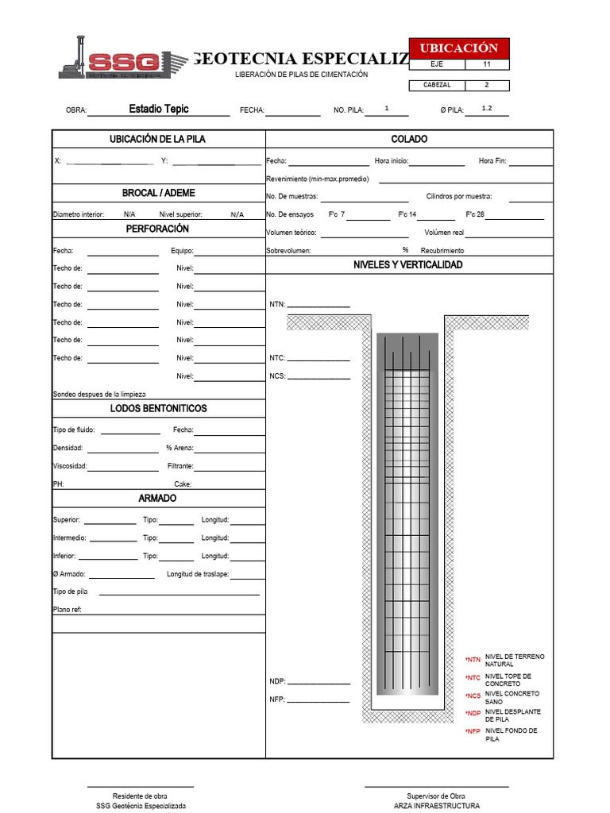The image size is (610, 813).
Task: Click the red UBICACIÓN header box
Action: [459, 48]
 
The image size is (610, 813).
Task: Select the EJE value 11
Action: [487, 64]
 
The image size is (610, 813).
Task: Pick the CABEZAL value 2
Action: [487, 85]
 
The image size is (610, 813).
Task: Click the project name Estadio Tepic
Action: [159, 109]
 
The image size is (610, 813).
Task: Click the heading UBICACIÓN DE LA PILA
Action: [157, 139]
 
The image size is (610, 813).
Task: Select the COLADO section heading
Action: [409, 139]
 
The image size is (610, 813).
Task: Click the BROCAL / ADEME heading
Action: [158, 193]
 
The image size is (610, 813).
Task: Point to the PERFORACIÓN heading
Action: [157, 229]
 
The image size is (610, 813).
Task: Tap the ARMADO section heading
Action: [157, 499]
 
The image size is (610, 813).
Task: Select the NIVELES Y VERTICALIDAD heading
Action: [407, 264]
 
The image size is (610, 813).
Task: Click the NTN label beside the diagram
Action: [277, 304]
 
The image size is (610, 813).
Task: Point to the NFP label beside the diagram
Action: [276, 699]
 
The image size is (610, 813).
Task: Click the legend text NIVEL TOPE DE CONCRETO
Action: [508, 680]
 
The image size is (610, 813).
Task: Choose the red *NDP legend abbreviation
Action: [473, 714]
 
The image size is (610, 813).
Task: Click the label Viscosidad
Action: [70, 466]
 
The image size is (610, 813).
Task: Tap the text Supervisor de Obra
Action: [436, 796]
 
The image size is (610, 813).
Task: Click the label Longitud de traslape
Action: [198, 573]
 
